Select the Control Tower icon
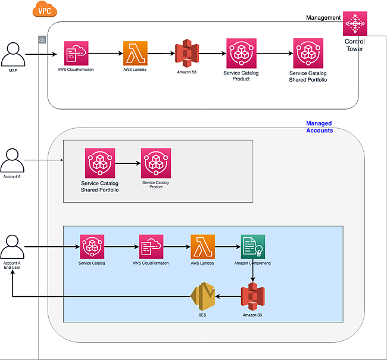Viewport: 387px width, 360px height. (355, 24)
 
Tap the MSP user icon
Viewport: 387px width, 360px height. (13, 55)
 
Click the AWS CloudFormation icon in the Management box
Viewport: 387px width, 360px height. (76, 53)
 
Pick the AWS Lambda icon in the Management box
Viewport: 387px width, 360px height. (135, 53)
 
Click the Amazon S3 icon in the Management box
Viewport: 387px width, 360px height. (186, 54)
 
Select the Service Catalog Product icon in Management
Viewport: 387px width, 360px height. (241, 53)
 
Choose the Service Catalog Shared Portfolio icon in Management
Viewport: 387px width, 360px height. (308, 53)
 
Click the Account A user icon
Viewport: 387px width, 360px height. (13, 161)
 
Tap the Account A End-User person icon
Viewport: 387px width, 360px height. (13, 247)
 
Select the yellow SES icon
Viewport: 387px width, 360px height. (202, 296)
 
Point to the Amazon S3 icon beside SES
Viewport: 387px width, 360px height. (252, 296)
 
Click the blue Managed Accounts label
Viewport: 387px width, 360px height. (319, 127)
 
